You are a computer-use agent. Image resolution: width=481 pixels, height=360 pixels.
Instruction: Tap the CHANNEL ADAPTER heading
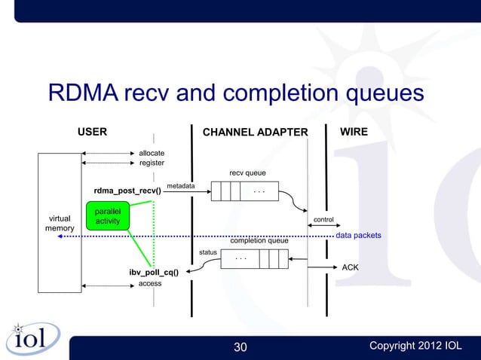256,133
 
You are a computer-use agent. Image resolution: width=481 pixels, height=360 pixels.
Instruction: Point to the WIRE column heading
354,132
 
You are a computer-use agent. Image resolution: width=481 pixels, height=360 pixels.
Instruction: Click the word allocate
152,153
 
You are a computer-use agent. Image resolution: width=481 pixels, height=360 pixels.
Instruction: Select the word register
152,163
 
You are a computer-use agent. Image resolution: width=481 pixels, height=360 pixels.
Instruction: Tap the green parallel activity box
108,215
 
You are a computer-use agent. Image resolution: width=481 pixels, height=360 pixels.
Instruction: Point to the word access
150,283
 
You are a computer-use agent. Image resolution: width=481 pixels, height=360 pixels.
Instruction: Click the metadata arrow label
180,185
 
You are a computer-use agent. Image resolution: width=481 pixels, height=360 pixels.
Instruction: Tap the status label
208,252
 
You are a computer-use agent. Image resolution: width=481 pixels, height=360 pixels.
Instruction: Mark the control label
323,220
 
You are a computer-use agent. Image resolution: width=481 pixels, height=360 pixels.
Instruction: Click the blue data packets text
358,236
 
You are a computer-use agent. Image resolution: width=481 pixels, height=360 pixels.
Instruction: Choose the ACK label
351,267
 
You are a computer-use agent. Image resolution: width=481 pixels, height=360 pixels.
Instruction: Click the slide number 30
240,346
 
